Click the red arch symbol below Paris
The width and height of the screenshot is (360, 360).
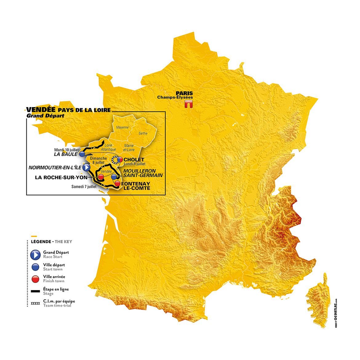point(188,104)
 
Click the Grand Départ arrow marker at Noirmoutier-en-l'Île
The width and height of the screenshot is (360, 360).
point(86,167)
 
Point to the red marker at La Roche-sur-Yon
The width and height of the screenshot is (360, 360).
point(100,177)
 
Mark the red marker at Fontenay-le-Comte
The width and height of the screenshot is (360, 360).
point(117,184)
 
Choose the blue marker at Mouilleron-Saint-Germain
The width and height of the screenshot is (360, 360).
point(114,177)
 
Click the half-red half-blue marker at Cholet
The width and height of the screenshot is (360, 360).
point(121,160)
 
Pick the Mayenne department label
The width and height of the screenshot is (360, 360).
point(122,127)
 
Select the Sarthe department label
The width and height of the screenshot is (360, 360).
point(143,133)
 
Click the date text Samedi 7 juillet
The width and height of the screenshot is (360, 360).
point(84,186)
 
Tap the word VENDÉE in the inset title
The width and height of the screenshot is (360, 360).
point(41,110)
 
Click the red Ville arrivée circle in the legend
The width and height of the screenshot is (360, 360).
point(36,279)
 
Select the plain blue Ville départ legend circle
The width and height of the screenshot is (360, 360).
point(36,267)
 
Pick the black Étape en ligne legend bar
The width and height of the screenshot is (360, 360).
point(36,291)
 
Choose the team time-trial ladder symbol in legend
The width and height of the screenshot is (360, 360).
point(36,303)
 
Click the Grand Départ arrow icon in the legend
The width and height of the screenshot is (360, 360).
point(36,254)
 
